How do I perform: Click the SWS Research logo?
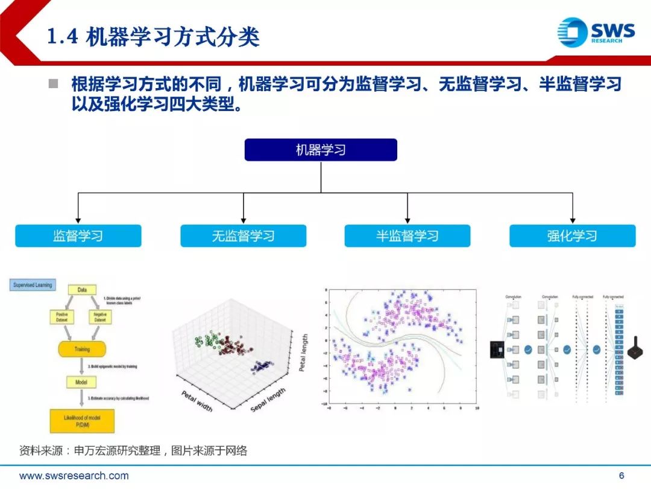[596, 33]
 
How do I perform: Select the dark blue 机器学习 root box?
[321, 150]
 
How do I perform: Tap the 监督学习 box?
[78, 236]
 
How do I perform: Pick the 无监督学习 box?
[243, 236]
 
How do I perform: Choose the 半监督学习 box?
[407, 236]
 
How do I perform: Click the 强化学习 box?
[572, 236]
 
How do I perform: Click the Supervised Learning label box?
[33, 284]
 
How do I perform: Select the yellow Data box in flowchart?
[82, 290]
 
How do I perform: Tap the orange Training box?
[82, 349]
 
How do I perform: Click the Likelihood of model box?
[82, 420]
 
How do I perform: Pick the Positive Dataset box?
[62, 316]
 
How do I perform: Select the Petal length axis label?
[304, 353]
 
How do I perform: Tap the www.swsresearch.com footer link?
[74, 476]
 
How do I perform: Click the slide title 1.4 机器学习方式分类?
[153, 37]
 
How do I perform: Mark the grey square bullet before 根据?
[54, 83]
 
